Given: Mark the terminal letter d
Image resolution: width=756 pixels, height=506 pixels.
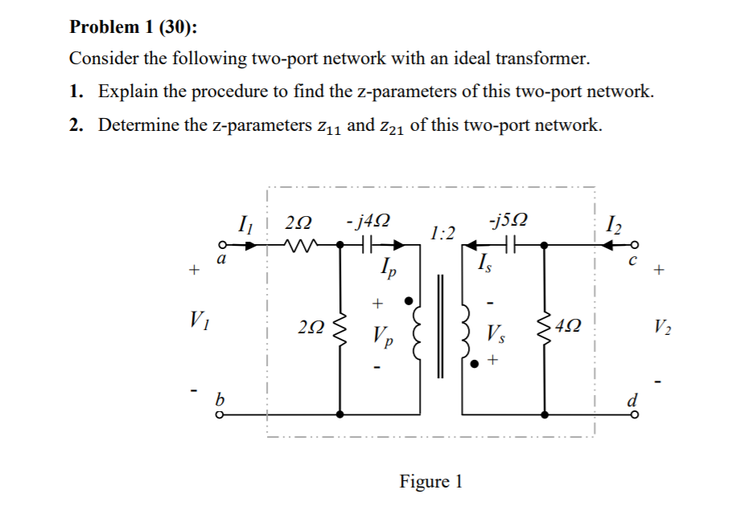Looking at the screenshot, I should coord(634,399).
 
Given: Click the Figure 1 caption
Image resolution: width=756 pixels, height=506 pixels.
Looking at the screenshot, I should coord(430,481).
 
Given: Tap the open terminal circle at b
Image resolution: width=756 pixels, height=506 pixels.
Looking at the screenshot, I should coord(218,414).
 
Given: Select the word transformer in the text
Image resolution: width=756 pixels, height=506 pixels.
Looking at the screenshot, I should coord(536,59).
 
